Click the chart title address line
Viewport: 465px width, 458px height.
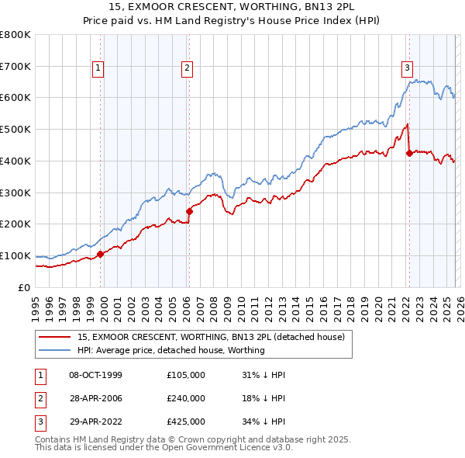[232, 7]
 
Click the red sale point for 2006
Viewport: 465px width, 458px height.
[189, 210]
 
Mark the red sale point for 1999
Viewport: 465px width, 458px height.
[100, 253]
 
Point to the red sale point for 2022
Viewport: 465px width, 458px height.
[409, 152]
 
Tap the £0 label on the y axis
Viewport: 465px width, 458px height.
[23, 287]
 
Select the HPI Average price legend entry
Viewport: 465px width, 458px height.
[170, 350]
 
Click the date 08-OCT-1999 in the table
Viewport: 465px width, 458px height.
[95, 375]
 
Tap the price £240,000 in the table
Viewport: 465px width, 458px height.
[186, 398]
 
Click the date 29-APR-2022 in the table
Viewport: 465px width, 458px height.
[95, 422]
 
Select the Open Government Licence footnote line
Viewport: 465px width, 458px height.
[164, 448]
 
